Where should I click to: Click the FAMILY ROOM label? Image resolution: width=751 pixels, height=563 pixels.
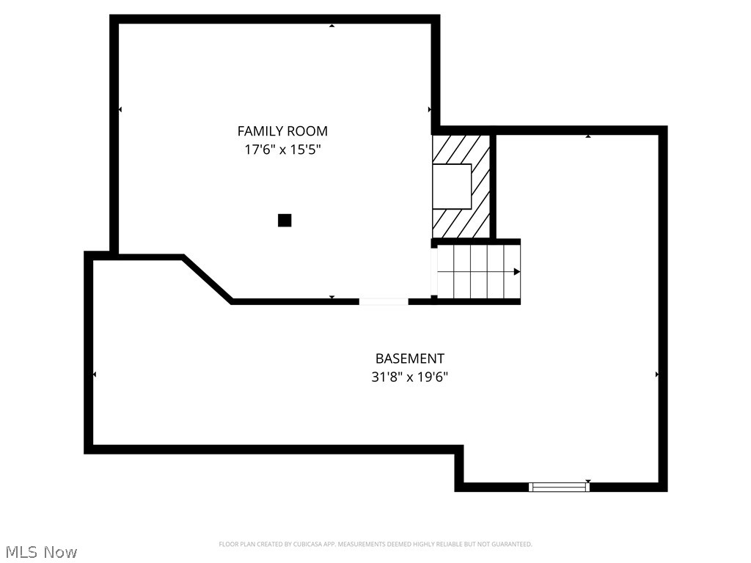(282, 131)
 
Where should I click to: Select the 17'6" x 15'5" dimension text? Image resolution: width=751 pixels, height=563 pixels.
(282, 150)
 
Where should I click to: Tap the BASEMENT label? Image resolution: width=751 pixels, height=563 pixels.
(409, 358)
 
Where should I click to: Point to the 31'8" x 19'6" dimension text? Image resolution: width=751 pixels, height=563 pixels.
(409, 378)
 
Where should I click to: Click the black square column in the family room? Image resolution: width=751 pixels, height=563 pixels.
(285, 220)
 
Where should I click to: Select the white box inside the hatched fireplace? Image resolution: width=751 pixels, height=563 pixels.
(451, 186)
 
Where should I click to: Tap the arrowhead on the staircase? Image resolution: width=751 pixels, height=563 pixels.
(517, 272)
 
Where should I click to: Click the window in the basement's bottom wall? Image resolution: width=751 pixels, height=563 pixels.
(559, 486)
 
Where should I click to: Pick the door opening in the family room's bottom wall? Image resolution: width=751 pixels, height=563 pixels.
(384, 301)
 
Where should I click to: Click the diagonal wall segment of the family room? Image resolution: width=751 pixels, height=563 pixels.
(208, 279)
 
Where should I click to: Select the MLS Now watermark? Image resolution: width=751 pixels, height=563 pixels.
(41, 551)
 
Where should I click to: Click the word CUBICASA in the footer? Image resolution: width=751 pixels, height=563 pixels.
(303, 544)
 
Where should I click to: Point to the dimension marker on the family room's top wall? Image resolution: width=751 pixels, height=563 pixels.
(331, 26)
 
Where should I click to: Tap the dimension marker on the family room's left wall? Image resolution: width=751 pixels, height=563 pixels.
(120, 109)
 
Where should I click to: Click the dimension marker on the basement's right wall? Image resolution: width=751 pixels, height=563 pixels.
(656, 374)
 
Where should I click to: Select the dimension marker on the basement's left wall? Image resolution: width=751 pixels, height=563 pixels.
(95, 374)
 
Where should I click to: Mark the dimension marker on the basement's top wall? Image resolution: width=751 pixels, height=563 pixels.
(588, 136)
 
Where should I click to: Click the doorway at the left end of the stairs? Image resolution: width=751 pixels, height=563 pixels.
(434, 272)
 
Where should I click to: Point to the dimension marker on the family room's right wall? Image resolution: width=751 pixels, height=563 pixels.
(430, 109)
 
